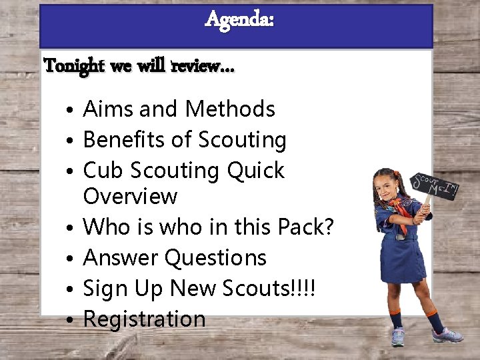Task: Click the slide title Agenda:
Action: (239, 20)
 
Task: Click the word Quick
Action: (255, 171)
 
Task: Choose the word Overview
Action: (130, 197)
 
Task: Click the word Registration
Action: (144, 319)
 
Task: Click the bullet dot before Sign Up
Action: (70, 289)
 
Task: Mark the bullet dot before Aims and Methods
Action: (70, 110)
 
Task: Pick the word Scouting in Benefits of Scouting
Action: (241, 141)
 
